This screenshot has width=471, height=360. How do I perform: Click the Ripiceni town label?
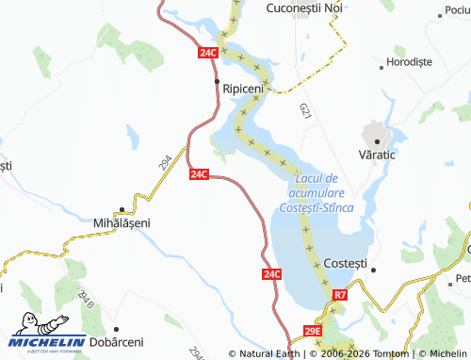[x=243, y=88]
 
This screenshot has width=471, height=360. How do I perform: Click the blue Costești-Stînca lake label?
[x=321, y=192]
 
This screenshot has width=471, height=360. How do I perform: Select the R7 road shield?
[x=340, y=296]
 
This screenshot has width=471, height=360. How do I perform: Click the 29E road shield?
[x=313, y=332]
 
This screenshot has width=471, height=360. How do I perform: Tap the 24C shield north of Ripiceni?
[x=208, y=55]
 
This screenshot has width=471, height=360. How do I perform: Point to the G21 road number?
[x=304, y=110]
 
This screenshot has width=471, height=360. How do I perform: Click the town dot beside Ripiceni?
[x=218, y=83]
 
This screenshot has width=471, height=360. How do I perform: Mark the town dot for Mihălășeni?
[x=122, y=209]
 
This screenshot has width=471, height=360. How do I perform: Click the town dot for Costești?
[x=372, y=270]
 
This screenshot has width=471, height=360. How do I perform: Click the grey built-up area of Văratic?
[x=375, y=132]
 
